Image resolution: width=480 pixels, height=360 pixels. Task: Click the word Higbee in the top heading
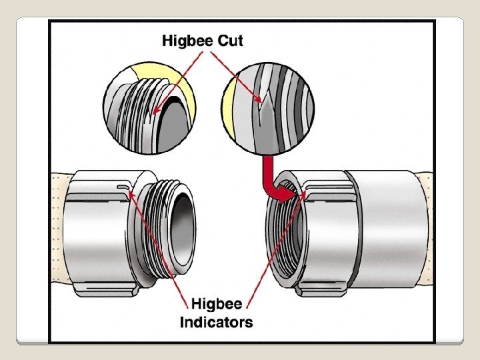coord(187,41)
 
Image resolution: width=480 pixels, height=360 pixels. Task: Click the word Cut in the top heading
coord(230,41)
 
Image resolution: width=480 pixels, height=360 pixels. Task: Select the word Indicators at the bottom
coord(217,323)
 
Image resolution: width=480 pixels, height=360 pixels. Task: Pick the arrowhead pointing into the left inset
coord(156,112)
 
